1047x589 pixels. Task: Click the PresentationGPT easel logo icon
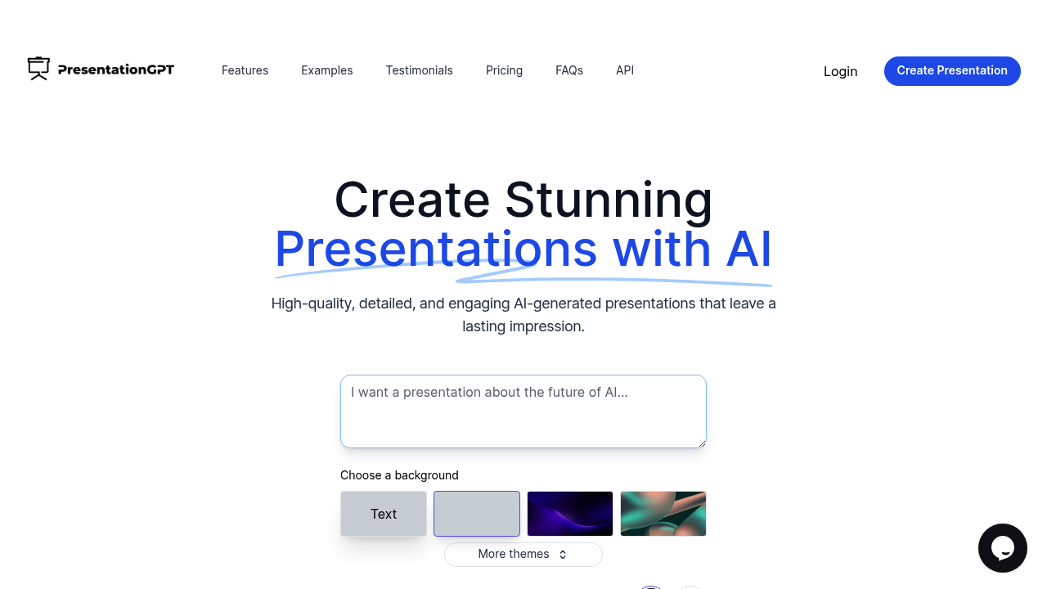click(x=38, y=69)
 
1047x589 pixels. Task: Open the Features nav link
click(x=245, y=70)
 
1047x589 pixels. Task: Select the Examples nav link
click(x=326, y=70)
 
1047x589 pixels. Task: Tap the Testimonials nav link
click(x=419, y=70)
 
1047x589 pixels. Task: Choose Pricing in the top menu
click(x=504, y=70)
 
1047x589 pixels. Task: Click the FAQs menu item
click(x=568, y=70)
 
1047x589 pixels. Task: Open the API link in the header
click(x=624, y=70)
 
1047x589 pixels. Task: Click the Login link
click(x=840, y=71)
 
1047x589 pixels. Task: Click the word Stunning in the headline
click(x=608, y=200)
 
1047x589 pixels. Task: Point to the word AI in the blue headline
click(x=748, y=249)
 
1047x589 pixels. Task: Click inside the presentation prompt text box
click(x=523, y=411)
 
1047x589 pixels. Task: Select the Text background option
click(x=384, y=514)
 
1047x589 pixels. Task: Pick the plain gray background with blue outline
click(x=477, y=514)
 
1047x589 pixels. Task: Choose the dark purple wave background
click(x=570, y=514)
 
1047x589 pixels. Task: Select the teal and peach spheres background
click(x=663, y=514)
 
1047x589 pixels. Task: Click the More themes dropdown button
click(x=523, y=554)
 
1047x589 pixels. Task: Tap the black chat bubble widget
click(x=1002, y=547)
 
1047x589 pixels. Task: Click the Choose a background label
click(x=399, y=475)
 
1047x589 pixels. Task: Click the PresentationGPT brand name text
click(x=116, y=70)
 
